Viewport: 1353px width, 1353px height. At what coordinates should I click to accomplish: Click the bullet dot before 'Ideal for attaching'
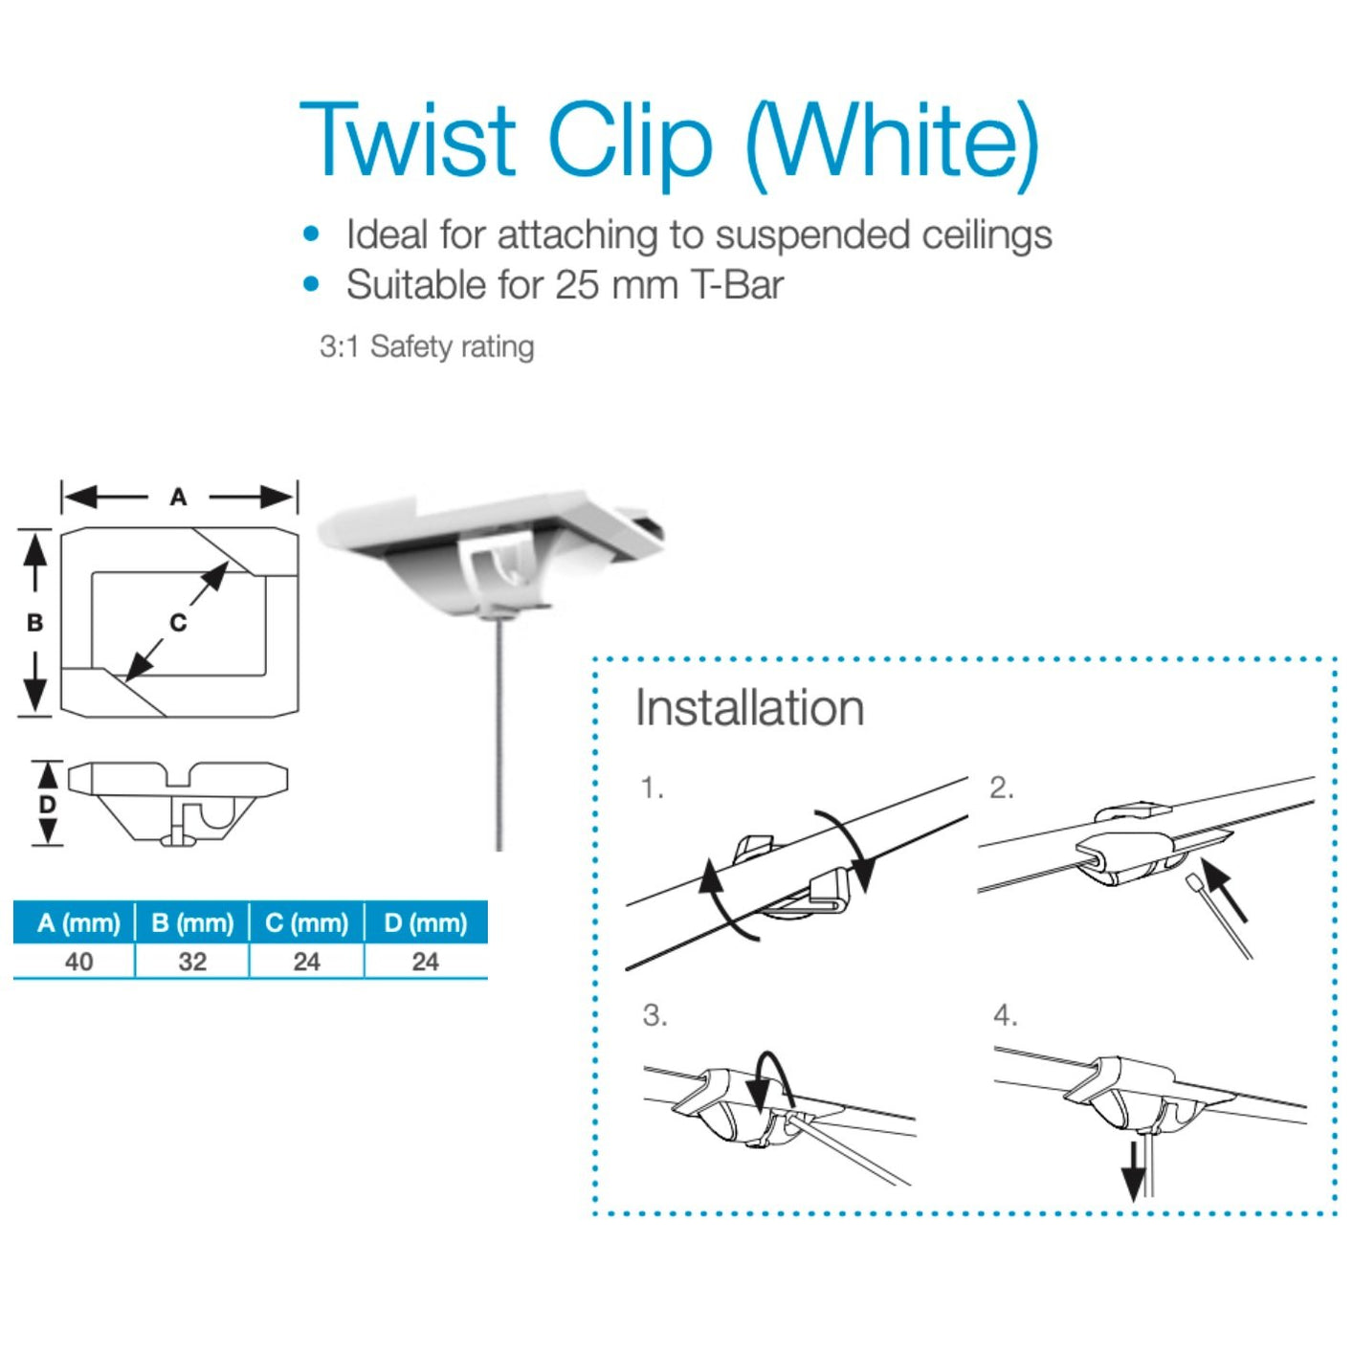click(x=310, y=233)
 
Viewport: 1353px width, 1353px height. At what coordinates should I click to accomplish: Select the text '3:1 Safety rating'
click(x=427, y=346)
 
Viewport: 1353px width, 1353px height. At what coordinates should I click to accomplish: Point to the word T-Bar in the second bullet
click(x=737, y=285)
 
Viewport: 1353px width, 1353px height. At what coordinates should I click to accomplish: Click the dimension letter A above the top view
click(x=178, y=497)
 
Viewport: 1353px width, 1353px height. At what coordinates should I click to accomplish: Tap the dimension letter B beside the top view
click(x=34, y=623)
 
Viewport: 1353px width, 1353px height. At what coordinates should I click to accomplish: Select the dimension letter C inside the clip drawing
click(x=178, y=623)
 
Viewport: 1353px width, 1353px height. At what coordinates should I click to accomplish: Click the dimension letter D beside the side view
click(x=47, y=805)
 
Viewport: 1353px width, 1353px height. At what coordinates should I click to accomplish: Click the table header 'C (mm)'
click(x=306, y=923)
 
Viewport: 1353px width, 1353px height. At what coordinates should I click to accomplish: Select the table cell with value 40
click(x=78, y=962)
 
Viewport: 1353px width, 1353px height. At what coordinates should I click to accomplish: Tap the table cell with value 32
click(x=192, y=962)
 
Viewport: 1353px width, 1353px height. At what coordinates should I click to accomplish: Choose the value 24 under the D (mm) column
click(x=425, y=962)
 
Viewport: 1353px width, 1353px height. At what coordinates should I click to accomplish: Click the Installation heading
click(x=749, y=708)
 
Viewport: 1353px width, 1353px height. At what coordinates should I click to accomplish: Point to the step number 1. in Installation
click(x=652, y=788)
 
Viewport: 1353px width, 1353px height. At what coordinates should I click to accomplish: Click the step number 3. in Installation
click(x=654, y=1015)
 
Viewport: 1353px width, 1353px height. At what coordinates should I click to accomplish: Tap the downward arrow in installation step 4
click(x=1133, y=1169)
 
